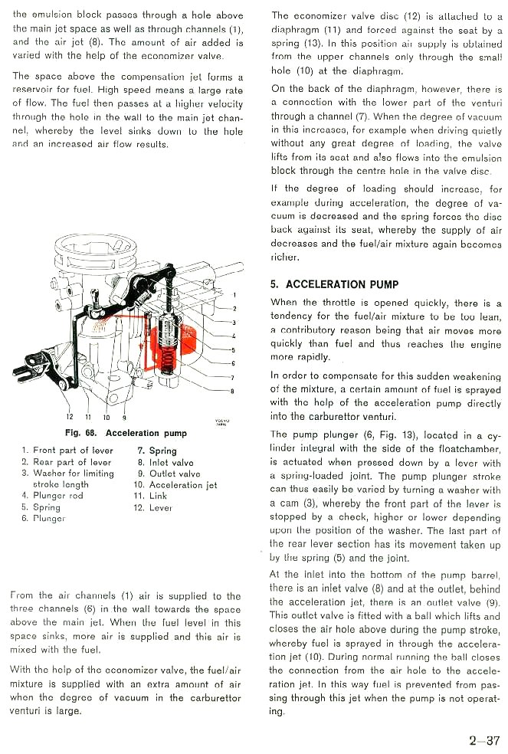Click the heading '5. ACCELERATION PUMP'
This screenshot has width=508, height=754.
point(334,284)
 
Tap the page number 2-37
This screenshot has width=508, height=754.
point(484,740)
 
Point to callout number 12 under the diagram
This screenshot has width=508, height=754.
point(70,418)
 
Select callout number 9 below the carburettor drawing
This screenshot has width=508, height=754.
point(125,418)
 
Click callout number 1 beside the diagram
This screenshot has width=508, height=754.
point(234,295)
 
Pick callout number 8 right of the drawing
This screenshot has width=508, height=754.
point(234,392)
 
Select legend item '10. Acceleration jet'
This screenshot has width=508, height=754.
point(175,485)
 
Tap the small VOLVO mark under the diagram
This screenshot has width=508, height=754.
point(221,422)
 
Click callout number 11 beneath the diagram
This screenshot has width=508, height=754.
point(87,418)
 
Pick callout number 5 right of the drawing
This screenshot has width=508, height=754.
point(234,349)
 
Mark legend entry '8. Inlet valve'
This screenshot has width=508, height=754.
point(166,463)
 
